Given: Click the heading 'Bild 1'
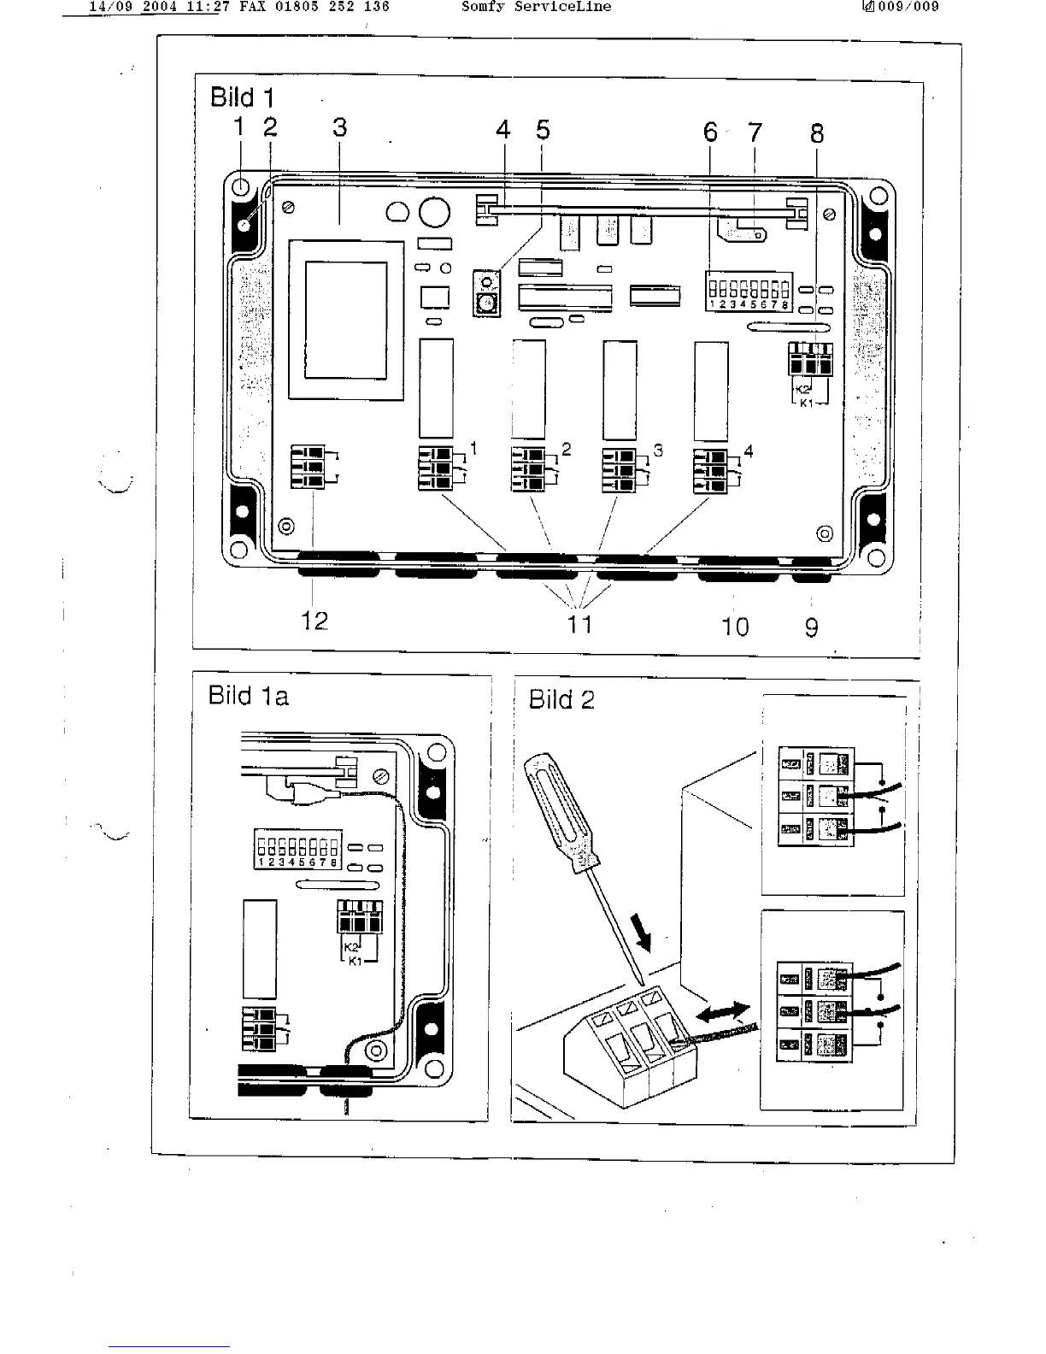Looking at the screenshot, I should (242, 97).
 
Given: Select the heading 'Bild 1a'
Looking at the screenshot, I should (248, 696).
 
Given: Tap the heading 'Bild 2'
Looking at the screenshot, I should (561, 699).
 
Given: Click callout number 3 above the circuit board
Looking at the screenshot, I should (339, 128).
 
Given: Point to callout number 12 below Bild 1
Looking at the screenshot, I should (314, 621).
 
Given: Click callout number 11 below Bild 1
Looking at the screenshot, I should (579, 625).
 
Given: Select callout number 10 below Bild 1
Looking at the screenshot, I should (735, 627).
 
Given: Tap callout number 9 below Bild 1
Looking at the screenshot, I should (811, 627).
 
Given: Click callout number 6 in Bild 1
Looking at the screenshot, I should (710, 132).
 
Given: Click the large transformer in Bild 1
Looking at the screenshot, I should (346, 320).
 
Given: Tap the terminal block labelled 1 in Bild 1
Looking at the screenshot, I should (435, 469).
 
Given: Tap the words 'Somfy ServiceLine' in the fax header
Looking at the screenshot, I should (536, 7).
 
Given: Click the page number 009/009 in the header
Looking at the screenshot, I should (907, 7).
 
